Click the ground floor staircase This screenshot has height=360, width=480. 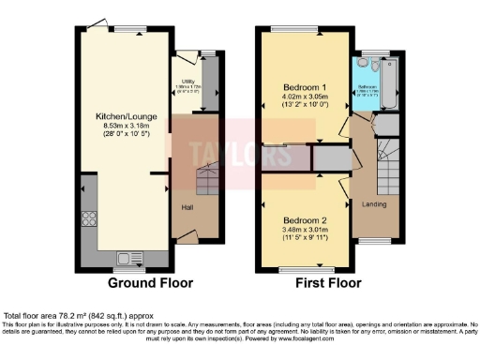click(x=204, y=175)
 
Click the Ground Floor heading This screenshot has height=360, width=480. click(x=151, y=282)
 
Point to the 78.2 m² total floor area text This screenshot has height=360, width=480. click(x=101, y=316)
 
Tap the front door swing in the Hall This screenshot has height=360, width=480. click(x=187, y=238)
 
